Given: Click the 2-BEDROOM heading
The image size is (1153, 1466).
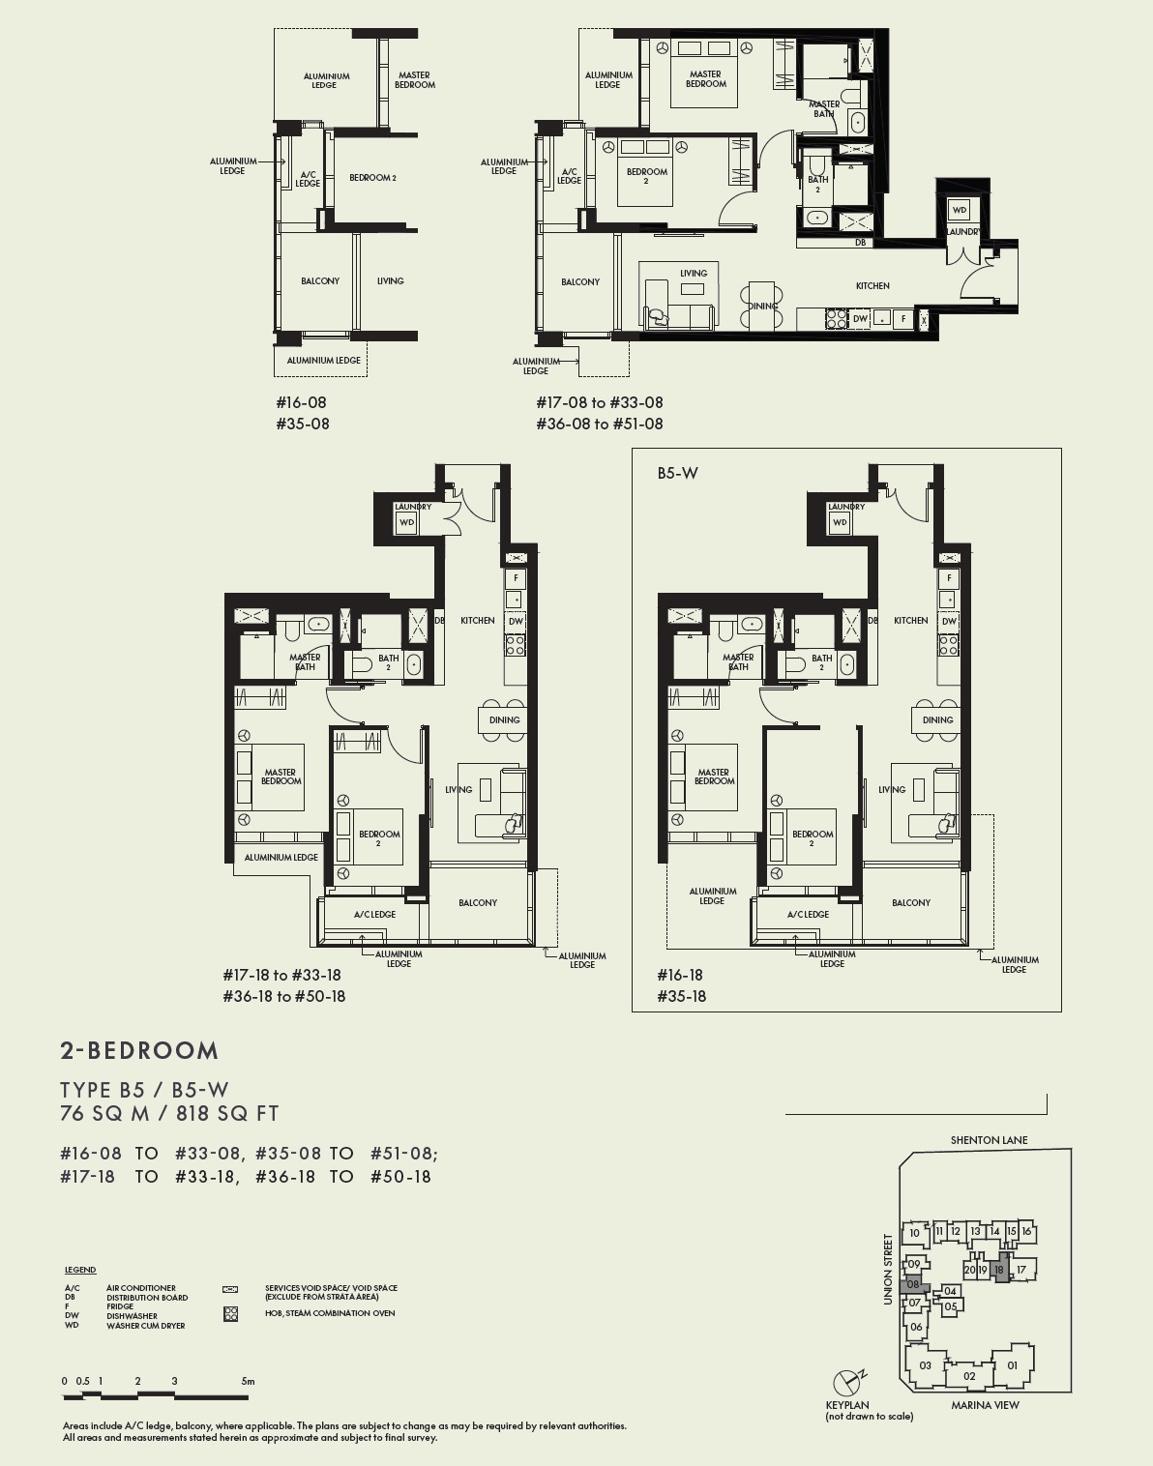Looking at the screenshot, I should coord(139,1051).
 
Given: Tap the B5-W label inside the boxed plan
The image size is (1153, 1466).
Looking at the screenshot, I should coord(677,473).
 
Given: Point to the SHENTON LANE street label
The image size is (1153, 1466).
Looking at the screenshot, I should coord(989,1140).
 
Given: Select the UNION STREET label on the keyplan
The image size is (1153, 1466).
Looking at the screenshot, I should coord(888,1269).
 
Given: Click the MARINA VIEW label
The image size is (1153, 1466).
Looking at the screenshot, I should coord(985,1405).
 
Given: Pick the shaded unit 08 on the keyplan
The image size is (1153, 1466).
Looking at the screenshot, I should coord(913,1285).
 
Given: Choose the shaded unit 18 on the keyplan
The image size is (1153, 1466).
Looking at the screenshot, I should coord(1000,1270).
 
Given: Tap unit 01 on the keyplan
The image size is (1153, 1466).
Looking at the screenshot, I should coord(1012,1365).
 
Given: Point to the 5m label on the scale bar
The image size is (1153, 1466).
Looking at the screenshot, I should coord(248,1381).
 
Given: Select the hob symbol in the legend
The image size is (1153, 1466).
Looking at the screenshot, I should coord(230,1314).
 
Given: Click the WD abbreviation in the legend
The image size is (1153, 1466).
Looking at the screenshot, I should coord(72,1326).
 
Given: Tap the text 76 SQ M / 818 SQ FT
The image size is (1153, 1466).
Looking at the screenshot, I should coord(169,1114).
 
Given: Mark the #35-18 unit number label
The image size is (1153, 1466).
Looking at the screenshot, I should coord(681,996).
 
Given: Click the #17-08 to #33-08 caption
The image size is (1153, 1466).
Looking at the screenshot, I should coord(600,402).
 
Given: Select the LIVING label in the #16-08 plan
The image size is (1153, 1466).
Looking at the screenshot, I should coord(390,281).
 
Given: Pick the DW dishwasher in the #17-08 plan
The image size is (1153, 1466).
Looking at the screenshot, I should coord(860,318).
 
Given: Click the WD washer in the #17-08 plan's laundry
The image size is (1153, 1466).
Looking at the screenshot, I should coord(959,210).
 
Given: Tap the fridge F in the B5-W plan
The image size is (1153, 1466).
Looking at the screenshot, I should coord(950,578).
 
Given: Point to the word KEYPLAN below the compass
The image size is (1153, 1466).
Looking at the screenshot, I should coord(846,1405).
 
